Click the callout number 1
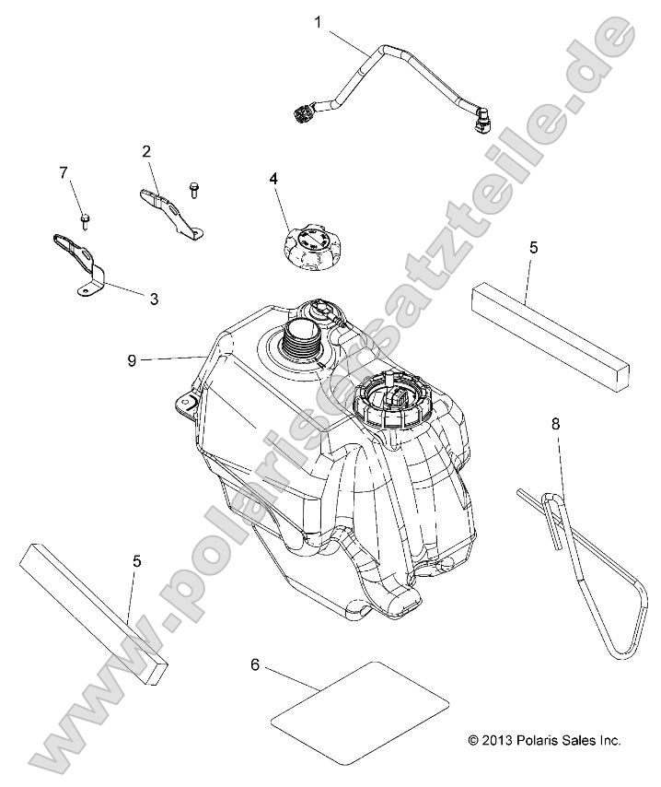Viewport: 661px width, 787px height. [x=318, y=22]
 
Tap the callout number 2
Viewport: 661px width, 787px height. [x=146, y=151]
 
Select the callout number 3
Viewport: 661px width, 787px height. [x=154, y=299]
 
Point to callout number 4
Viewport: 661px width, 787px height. [x=273, y=179]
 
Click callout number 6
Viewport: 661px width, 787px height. [x=255, y=665]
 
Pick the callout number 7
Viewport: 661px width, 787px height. [x=64, y=173]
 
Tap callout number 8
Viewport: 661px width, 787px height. [x=555, y=424]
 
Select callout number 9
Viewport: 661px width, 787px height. [x=132, y=360]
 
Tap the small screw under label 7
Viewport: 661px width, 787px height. [x=85, y=221]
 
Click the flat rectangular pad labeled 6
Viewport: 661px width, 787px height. [x=360, y=707]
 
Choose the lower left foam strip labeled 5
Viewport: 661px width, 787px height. [x=94, y=611]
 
